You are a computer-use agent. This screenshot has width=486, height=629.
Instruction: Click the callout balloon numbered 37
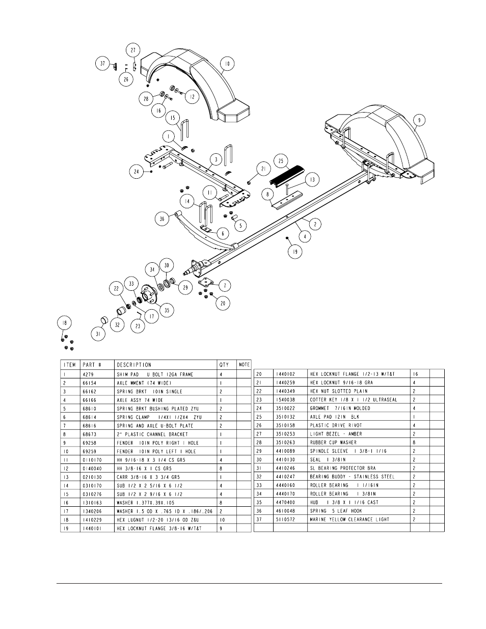[x=103, y=64]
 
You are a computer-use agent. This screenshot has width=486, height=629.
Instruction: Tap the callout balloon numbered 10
[x=227, y=64]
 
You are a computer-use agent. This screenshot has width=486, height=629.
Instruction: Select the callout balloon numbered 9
[x=419, y=120]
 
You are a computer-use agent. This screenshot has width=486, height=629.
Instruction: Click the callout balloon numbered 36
[x=162, y=218]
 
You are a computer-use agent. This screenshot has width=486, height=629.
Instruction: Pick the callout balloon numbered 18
[x=64, y=323]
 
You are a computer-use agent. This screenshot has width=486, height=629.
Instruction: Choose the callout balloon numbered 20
[x=222, y=304]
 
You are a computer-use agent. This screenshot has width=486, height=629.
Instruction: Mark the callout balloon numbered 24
[x=136, y=172]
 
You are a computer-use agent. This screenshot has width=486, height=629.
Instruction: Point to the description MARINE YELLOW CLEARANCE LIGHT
[x=349, y=519]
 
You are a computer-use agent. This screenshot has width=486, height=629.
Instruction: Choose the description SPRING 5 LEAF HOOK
[x=335, y=511]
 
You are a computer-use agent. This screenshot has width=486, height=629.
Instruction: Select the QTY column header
[x=224, y=365]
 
